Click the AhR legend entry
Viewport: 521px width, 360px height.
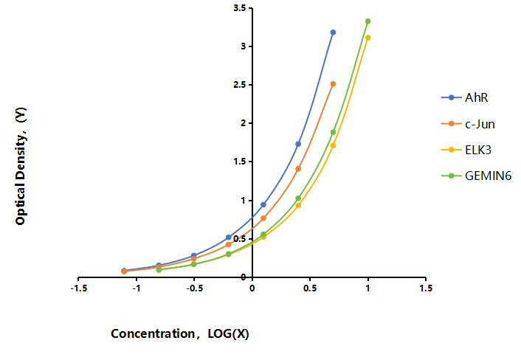464,97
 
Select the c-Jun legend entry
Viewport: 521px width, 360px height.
468,124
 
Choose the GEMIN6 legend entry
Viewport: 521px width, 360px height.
476,176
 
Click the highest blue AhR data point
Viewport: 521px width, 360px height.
333,32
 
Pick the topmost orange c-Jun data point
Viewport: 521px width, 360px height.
333,84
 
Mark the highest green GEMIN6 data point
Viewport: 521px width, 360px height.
368,21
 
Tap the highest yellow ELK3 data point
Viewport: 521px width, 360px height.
368,38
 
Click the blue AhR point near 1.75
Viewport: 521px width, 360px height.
298,144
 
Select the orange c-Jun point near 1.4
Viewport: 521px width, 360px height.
298,169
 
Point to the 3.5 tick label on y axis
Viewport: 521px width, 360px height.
240,8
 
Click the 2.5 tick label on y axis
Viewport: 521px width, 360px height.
240,85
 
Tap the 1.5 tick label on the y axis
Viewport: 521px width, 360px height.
240,162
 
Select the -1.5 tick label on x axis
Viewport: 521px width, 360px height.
79,288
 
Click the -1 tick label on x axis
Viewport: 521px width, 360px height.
137,288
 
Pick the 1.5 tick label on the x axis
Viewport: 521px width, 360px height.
426,288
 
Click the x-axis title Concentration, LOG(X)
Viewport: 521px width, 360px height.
180,333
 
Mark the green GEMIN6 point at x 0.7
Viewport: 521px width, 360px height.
333,132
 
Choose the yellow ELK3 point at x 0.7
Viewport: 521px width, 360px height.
333,145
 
